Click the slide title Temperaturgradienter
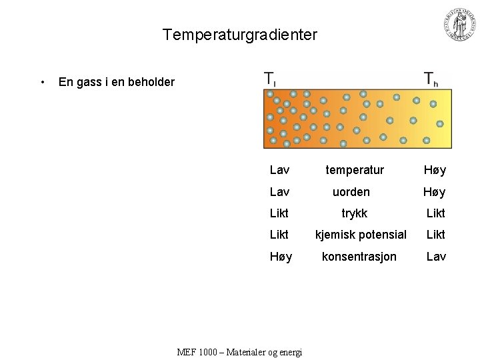240,35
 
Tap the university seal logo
460,25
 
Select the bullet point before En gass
43,82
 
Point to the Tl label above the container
270,79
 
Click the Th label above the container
431,79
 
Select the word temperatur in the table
355,171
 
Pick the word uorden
351,192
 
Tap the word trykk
354,213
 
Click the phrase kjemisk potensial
361,235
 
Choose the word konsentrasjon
359,257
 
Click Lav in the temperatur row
279,171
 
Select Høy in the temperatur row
435,171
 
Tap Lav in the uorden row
279,192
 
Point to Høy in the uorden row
435,192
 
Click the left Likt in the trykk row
279,213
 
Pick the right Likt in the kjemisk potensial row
436,235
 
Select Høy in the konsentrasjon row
281,257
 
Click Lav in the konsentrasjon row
436,257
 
